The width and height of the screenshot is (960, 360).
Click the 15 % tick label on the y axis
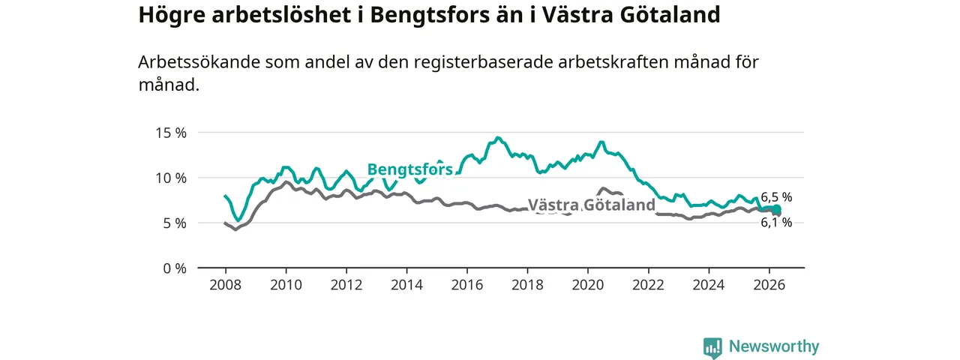(x=171, y=133)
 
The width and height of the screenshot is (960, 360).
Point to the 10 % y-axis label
(x=171, y=178)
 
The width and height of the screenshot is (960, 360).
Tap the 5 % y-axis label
(x=175, y=223)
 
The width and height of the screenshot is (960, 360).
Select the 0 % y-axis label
(x=175, y=268)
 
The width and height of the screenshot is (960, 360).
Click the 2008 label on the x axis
(x=226, y=285)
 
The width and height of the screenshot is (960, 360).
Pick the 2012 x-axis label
(x=346, y=285)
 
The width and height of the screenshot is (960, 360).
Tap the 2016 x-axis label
(x=467, y=285)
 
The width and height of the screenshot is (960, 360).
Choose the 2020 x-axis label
(x=588, y=285)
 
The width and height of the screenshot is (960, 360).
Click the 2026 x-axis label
(x=769, y=285)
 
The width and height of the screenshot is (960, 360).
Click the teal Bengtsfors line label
(x=410, y=169)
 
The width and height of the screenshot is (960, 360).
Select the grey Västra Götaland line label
(x=592, y=205)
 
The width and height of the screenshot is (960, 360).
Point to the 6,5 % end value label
(x=776, y=197)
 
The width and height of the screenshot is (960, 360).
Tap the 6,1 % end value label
(x=776, y=223)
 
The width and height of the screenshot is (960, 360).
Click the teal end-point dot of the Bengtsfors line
(x=776, y=209)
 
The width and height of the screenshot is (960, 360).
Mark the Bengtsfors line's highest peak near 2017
(x=497, y=137)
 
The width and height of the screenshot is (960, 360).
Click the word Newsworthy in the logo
(x=774, y=346)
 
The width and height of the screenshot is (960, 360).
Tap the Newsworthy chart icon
(x=712, y=347)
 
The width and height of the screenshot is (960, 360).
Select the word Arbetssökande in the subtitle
(x=199, y=62)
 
